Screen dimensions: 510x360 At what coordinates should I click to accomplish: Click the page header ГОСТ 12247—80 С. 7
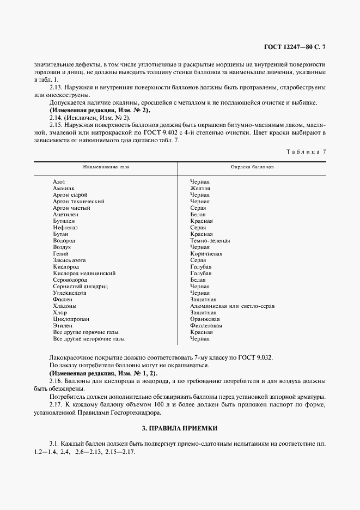pyautogui.click(x=294, y=47)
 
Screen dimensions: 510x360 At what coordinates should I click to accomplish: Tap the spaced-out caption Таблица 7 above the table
pyautogui.click(x=306, y=151)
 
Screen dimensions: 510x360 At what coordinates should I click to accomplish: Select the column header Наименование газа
pyautogui.click(x=106, y=166)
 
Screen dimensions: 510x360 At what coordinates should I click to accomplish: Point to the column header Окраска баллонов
pyautogui.click(x=252, y=166)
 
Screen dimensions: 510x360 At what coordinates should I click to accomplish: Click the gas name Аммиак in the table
pyautogui.click(x=63, y=188)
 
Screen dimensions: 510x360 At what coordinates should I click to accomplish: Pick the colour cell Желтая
pyautogui.click(x=200, y=188)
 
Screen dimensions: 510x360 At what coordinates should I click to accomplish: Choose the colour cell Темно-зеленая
pyautogui.click(x=210, y=240)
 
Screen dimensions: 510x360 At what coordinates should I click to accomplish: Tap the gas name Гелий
pyautogui.click(x=60, y=253)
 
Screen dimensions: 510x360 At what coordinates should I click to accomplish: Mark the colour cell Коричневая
pyautogui.click(x=205, y=253)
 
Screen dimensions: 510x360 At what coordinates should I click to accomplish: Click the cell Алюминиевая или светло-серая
pyautogui.click(x=232, y=306)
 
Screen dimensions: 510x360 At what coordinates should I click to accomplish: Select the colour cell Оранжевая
pyautogui.click(x=204, y=319)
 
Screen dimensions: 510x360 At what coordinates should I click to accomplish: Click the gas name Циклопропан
pyautogui.click(x=71, y=319)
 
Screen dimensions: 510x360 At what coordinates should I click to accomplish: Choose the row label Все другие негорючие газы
pyautogui.click(x=89, y=338)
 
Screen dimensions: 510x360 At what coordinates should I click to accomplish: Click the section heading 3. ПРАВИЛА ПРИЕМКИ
pyautogui.click(x=180, y=429)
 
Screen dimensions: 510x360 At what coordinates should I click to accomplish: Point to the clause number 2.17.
pyautogui.click(x=57, y=405)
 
